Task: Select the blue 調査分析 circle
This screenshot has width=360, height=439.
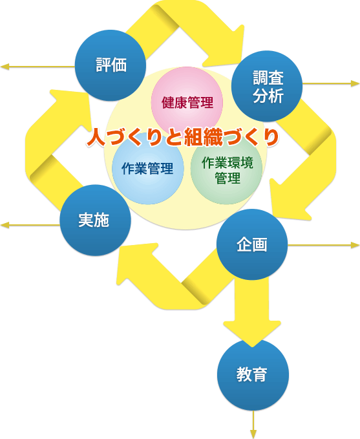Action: (x=268, y=86)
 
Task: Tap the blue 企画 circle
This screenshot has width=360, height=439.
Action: (x=251, y=245)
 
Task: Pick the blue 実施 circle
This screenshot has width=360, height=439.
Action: (x=94, y=220)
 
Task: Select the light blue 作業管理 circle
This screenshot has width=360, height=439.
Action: (x=147, y=169)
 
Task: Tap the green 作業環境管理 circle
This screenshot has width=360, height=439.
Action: (x=226, y=169)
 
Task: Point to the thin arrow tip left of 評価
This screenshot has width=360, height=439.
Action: (x=3, y=67)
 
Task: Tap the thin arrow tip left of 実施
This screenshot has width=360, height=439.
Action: (x=3, y=225)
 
